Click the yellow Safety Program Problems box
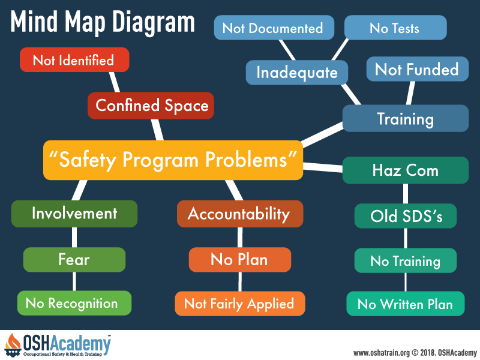tap(173, 160)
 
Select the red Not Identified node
tap(74, 59)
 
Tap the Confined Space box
tap(151, 106)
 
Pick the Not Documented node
tap(274, 28)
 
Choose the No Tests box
tap(395, 28)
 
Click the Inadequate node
tap(297, 73)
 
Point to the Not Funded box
tap(418, 69)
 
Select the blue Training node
tap(406, 118)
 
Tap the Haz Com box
tap(406, 170)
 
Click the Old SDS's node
tap(406, 216)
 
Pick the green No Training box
tap(406, 261)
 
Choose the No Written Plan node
tap(406, 304)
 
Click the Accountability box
tap(240, 214)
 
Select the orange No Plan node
tap(240, 260)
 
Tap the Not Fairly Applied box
tap(240, 304)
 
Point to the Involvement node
tap(74, 214)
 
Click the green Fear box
tap(74, 260)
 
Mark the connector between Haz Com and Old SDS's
tap(406, 194)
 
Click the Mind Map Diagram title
tap(103, 22)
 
